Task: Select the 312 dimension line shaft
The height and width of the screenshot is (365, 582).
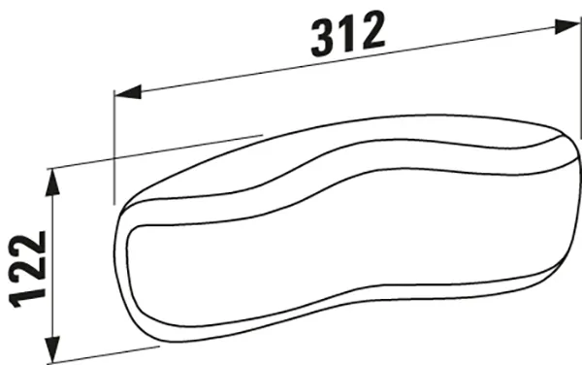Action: [242, 73]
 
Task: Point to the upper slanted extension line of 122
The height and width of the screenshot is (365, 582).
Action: [155, 150]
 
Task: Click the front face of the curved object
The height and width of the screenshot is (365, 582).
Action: [320, 252]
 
